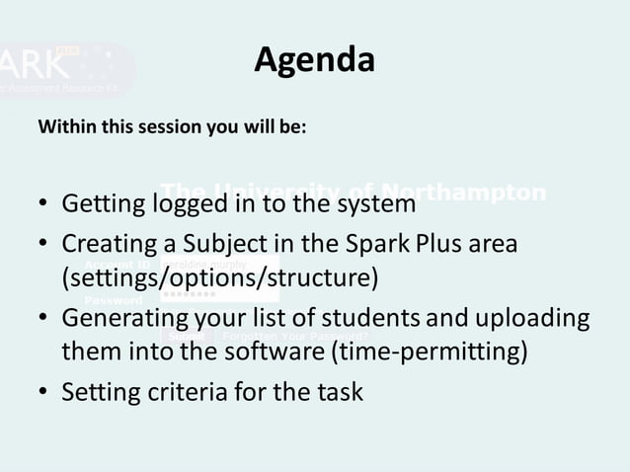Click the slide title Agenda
[314, 60]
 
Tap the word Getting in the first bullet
[102, 205]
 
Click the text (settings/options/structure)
[219, 277]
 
